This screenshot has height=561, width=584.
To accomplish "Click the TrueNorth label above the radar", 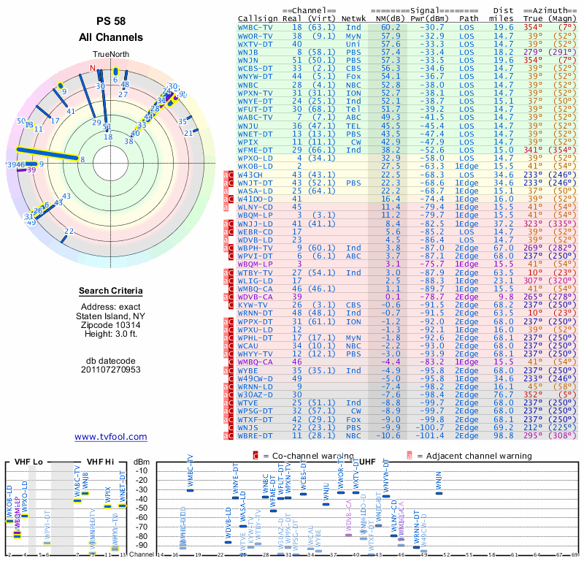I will tap(111, 54).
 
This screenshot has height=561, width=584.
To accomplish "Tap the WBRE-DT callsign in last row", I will tap(255, 435).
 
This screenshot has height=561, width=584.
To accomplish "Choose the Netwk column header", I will tap(354, 18).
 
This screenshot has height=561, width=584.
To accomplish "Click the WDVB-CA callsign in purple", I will tap(255, 296).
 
